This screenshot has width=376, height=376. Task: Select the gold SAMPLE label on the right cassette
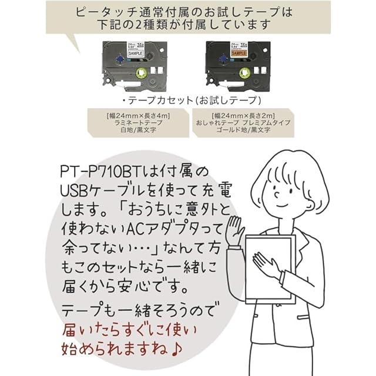pos(223,52)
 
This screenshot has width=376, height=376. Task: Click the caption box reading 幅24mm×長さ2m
pos(244,123)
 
